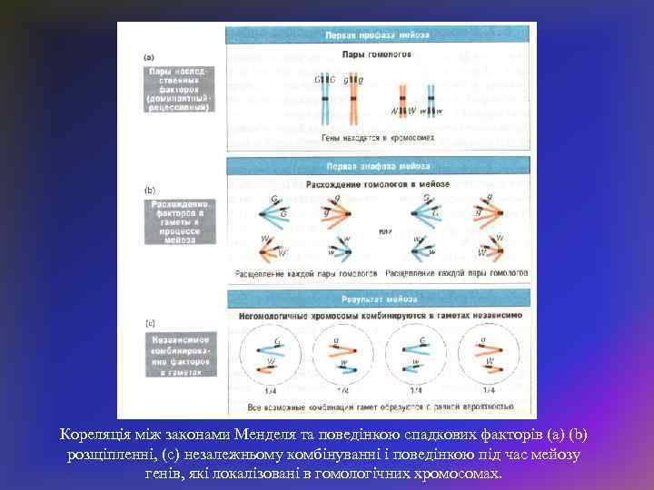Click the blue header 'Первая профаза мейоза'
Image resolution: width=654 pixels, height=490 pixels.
point(377,35)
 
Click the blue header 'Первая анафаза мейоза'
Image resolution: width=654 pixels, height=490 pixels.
point(377,167)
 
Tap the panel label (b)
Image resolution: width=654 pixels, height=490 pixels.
point(150,189)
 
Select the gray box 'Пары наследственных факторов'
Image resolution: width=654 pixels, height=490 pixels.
point(179,87)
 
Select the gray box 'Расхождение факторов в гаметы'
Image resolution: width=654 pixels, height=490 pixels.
point(179,221)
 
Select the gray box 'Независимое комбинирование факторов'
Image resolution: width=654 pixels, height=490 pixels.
point(179,354)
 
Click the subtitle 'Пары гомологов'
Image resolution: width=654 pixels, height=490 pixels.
point(377,54)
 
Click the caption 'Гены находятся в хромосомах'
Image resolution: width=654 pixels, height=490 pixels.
point(377,138)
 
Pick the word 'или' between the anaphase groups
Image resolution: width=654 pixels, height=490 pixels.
point(385,231)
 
